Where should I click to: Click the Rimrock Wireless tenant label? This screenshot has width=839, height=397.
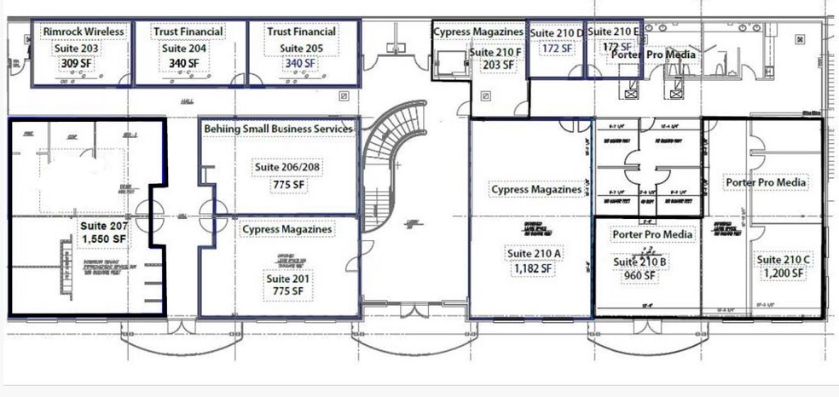pyautogui.click(x=83, y=32)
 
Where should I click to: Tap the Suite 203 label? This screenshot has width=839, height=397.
pyautogui.click(x=77, y=49)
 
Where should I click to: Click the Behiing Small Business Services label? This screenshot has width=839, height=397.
pyautogui.click(x=278, y=129)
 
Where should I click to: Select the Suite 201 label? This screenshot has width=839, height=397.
pyautogui.click(x=289, y=279)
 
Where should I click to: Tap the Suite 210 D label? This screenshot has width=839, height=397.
pyautogui.click(x=557, y=32)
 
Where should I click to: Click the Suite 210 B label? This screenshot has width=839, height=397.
pyautogui.click(x=640, y=262)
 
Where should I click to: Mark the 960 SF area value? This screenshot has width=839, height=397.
pyautogui.click(x=640, y=275)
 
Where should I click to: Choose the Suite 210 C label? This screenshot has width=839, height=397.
pyautogui.click(x=780, y=259)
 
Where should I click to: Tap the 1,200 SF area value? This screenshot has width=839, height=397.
pyautogui.click(x=780, y=273)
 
